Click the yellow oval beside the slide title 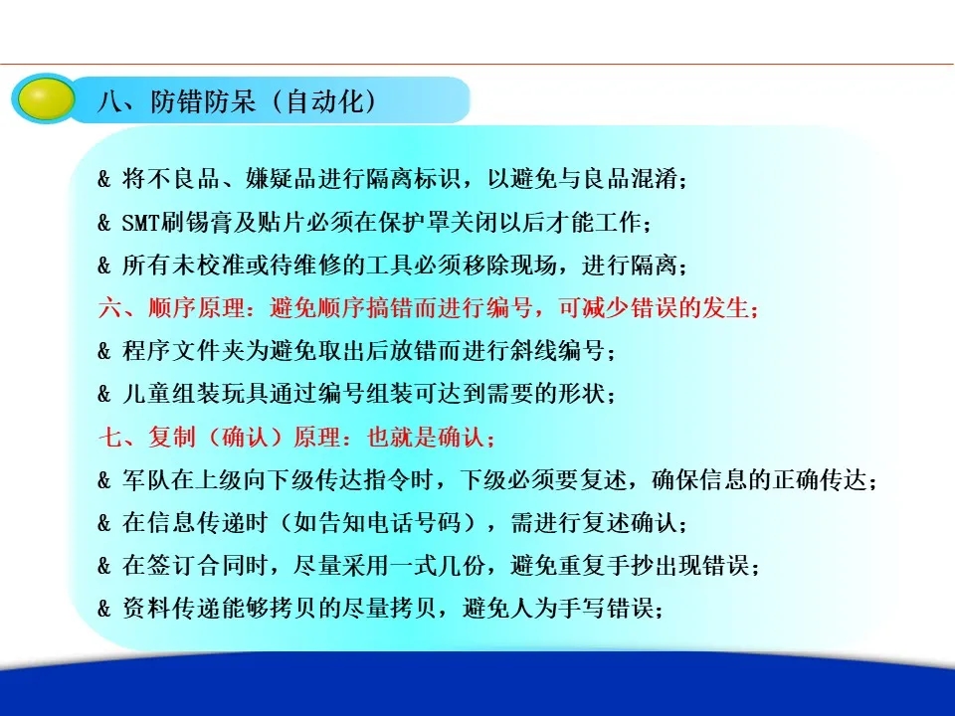47,98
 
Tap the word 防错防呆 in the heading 203,100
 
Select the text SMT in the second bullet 140,222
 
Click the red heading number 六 110,308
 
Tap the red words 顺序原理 196,308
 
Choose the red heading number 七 110,438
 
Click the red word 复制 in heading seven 172,438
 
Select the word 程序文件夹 183,351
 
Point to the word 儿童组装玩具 195,394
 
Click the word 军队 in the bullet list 146,480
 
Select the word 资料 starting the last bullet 146,609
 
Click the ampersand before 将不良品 104,179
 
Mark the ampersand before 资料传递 104,609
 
